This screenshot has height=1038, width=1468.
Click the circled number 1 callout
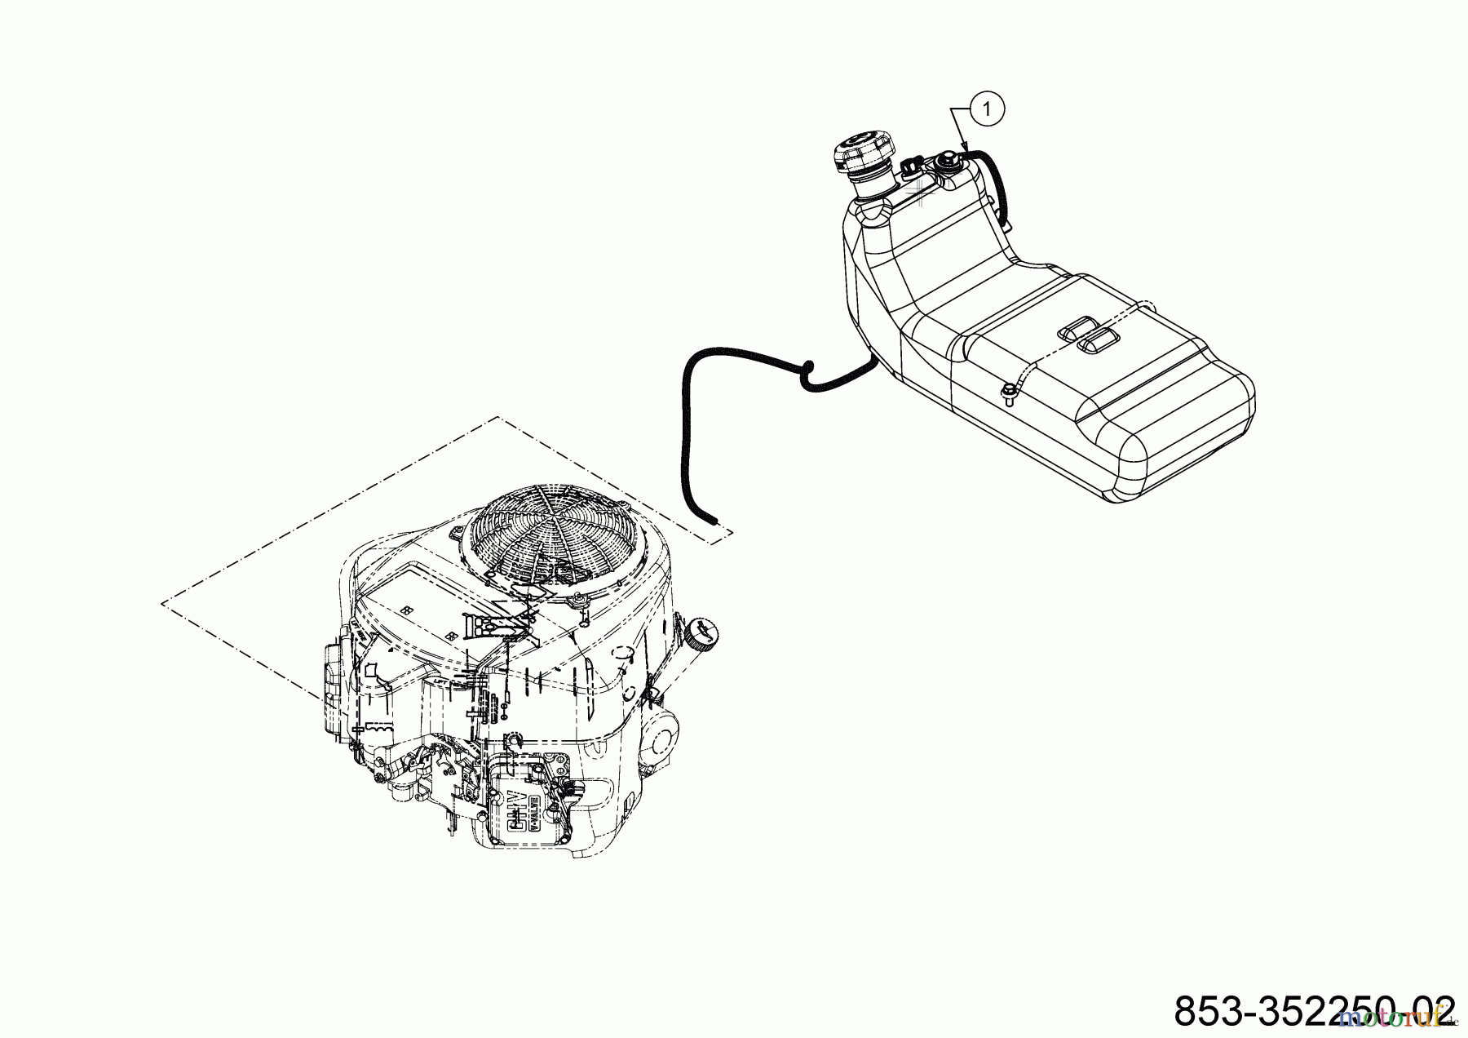[x=988, y=109]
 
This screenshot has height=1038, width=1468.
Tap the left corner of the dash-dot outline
[x=163, y=604]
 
